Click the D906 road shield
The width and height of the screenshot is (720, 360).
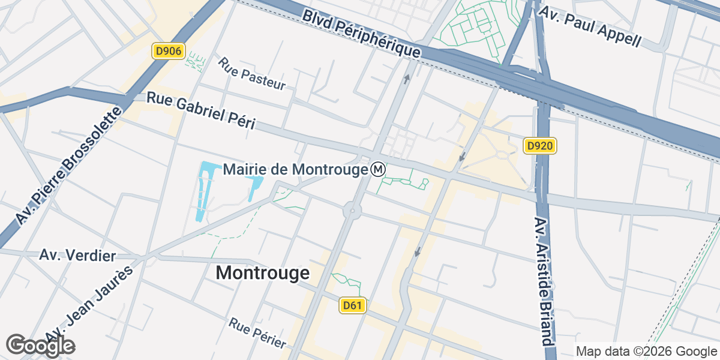pyautogui.click(x=168, y=52)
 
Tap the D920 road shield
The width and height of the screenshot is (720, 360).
pyautogui.click(x=541, y=145)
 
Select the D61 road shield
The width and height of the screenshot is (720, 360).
pyautogui.click(x=352, y=306)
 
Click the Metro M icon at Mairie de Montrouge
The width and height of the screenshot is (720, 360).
pyautogui.click(x=378, y=170)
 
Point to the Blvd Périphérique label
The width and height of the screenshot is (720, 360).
pyautogui.click(x=360, y=32)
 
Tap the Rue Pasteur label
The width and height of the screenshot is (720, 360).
pyautogui.click(x=251, y=74)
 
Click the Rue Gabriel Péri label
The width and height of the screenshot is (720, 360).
pyautogui.click(x=201, y=110)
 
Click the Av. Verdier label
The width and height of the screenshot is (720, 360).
pyautogui.click(x=77, y=256)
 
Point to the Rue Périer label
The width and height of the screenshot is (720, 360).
pyautogui.click(x=257, y=333)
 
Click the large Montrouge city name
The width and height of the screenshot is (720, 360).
pyautogui.click(x=262, y=273)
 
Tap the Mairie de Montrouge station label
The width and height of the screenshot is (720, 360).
pyautogui.click(x=295, y=170)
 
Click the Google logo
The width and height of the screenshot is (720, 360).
pyautogui.click(x=40, y=345)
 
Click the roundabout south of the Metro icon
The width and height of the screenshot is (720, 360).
pyautogui.click(x=352, y=211)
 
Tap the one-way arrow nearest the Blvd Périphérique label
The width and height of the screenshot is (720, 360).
pyautogui.click(x=407, y=78)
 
